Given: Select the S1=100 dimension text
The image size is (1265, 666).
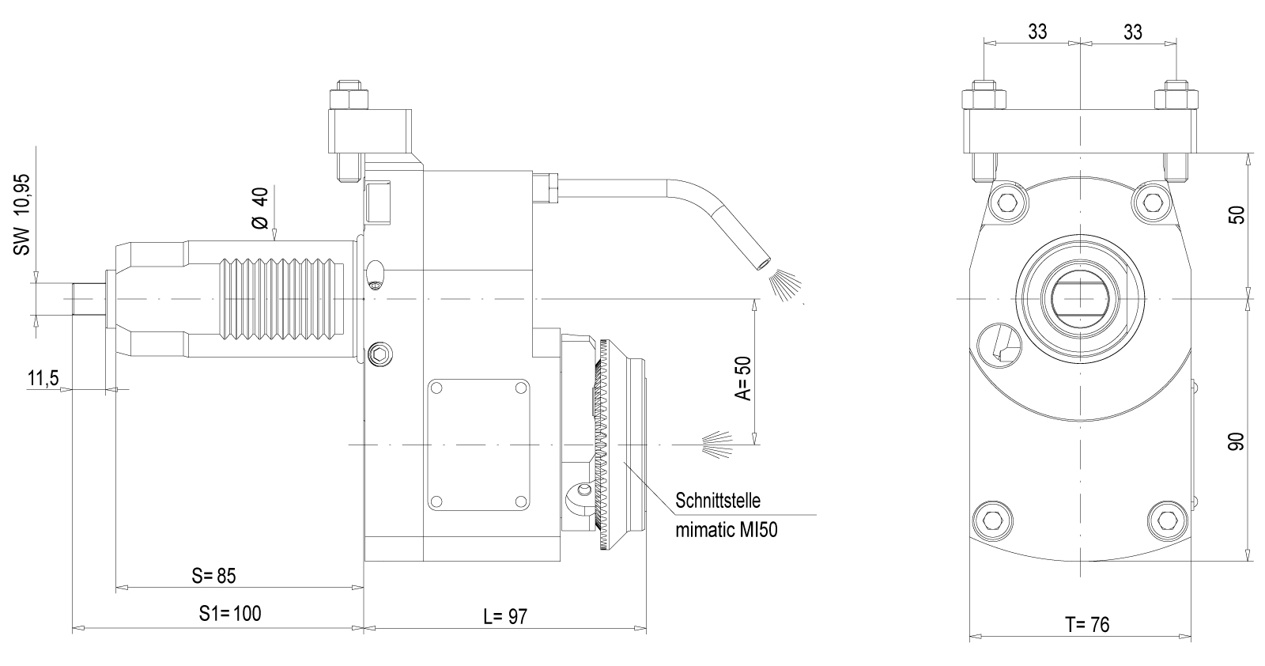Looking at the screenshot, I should point(229,613).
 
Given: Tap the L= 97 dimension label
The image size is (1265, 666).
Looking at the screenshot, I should point(504,617).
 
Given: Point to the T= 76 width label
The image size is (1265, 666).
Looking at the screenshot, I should point(1086,625).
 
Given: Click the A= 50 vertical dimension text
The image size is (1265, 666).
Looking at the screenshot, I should point(742,378).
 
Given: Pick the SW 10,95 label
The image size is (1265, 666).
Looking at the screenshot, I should point(21,214).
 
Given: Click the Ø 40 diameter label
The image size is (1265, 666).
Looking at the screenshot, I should point(260,209).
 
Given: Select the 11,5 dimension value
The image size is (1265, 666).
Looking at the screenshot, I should point(43,378).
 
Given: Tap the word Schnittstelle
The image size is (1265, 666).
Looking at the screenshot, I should point(718,501).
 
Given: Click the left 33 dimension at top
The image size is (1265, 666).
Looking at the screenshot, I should point(1037,32).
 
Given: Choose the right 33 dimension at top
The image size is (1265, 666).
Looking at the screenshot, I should point(1132,32).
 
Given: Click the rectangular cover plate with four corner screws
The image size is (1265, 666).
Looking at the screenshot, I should point(478,444).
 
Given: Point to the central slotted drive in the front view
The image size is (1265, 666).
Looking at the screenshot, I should point(1080,299).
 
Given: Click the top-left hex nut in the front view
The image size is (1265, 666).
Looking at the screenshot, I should point(984,99).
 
